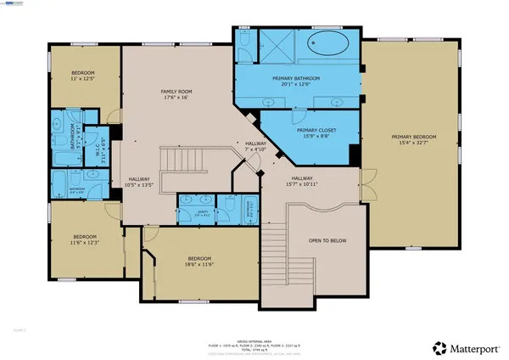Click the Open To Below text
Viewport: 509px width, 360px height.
click(328, 240)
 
